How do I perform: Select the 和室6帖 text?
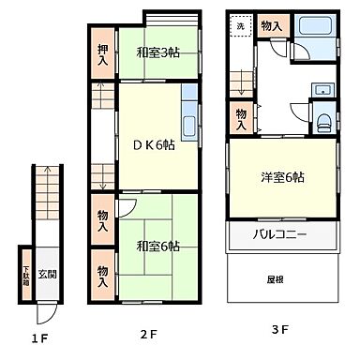[x=157, y=247]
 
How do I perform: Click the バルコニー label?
[x=280, y=234]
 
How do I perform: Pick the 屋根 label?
[x=275, y=278]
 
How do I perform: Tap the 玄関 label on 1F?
[x=48, y=275]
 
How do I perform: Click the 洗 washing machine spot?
[x=240, y=26]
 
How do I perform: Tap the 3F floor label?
[x=280, y=329]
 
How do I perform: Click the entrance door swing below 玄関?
[x=47, y=314]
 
